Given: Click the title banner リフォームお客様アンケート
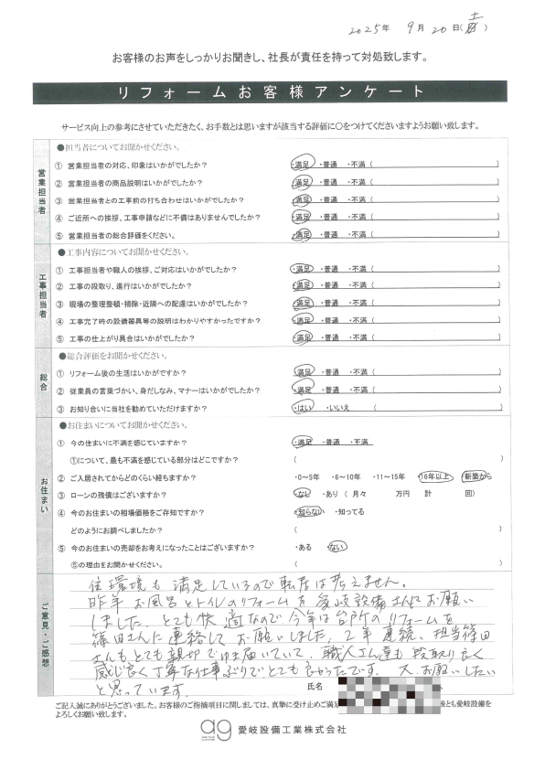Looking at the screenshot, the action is [x=272, y=93].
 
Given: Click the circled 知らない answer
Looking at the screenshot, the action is [x=308, y=512].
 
